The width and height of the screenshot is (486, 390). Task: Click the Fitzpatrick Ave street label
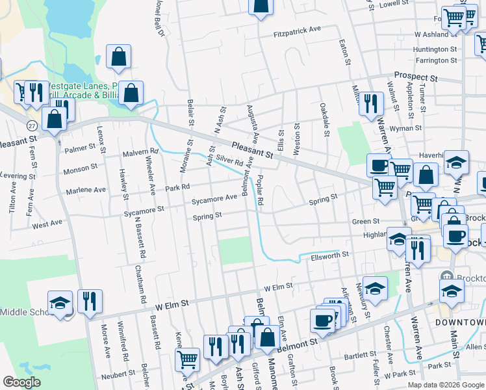[x=298, y=29]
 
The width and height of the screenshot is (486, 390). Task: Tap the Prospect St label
[x=416, y=77]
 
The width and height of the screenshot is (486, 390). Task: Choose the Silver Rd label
[x=229, y=159]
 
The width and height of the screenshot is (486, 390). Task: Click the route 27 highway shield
[x=31, y=124]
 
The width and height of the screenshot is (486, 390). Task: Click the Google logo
[x=21, y=382]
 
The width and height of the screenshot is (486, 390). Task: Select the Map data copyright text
[x=444, y=385]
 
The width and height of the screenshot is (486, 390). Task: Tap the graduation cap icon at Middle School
[x=60, y=304]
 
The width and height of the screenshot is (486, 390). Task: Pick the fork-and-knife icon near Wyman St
[x=371, y=103]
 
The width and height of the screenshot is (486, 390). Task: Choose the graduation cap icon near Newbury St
[x=375, y=287]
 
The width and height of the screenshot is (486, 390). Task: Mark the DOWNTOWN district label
[x=460, y=322]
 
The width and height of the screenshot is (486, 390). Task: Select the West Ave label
[x=47, y=224]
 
